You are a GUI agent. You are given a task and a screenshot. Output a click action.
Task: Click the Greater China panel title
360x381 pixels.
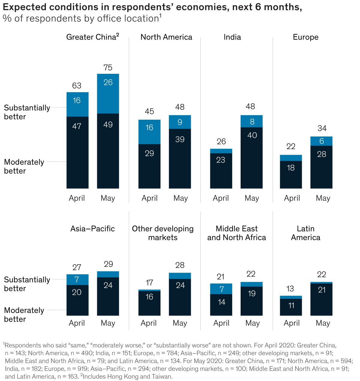[x=92, y=37]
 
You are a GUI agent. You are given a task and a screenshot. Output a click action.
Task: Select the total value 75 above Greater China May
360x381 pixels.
[x=108, y=67]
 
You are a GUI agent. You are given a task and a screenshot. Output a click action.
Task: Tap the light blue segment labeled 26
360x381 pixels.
[x=108, y=94]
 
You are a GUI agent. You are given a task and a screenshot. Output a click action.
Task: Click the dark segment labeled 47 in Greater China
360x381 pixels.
[x=77, y=152]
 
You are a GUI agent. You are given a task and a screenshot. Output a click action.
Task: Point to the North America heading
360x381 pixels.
[x=166, y=37]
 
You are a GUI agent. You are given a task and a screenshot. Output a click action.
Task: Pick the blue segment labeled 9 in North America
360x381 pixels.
[x=180, y=122]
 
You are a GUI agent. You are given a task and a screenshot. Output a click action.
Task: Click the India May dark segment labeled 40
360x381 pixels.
[x=251, y=158]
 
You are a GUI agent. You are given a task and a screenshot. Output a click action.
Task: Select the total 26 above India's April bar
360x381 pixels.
[x=221, y=141]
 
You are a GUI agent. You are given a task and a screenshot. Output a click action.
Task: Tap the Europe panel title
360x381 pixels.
[x=305, y=37]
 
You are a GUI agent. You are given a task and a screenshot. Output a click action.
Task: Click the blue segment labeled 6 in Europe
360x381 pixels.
[x=321, y=141]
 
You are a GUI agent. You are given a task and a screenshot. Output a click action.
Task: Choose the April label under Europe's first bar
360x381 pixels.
[x=292, y=198]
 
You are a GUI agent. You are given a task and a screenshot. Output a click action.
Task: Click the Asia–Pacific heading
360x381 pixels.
[x=92, y=229]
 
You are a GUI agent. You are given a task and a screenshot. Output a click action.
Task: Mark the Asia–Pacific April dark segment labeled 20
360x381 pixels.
[x=77, y=300]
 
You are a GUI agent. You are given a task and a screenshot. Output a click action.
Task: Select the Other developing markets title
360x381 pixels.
[x=163, y=233]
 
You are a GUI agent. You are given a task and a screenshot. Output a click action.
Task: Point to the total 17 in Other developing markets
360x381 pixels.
[x=149, y=283]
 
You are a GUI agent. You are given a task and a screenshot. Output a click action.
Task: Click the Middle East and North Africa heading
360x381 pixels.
[x=236, y=233]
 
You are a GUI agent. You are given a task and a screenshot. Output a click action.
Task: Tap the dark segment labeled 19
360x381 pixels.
[x=251, y=301]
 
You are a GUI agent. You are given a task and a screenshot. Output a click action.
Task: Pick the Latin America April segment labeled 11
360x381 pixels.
[x=291, y=307]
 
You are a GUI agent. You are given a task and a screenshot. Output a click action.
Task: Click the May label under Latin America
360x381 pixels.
[x=323, y=323]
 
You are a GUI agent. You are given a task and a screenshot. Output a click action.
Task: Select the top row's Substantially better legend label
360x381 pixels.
[x=27, y=112]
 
